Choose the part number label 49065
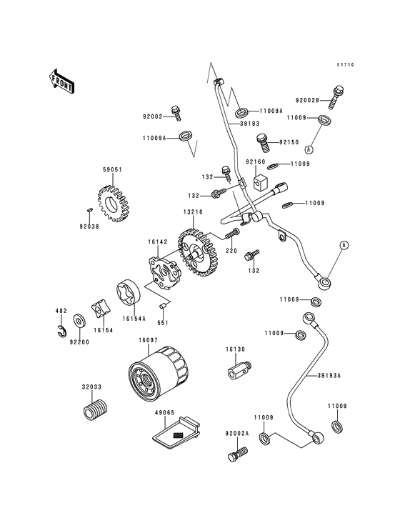165,412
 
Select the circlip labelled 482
61,330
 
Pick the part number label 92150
289,141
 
